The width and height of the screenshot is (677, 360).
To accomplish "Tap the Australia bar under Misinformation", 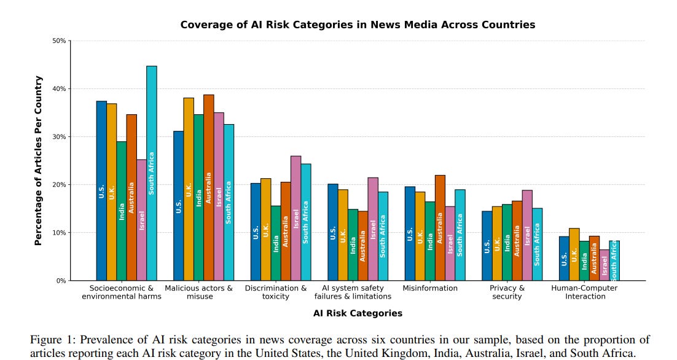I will coord(439,228).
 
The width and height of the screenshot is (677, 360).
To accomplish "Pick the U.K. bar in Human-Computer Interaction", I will coord(574,254).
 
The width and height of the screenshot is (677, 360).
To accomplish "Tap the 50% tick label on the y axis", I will coord(59,41).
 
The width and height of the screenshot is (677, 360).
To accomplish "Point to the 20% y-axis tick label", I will coord(59,185).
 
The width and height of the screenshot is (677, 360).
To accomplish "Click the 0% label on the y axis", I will coord(61,281).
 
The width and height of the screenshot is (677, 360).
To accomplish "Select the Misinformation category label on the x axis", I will coord(430,288).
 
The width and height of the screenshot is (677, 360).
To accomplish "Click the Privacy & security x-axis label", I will coord(507,292).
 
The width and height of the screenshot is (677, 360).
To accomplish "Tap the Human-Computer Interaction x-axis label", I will coord(584,292).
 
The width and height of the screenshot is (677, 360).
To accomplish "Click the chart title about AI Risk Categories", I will coord(358,25).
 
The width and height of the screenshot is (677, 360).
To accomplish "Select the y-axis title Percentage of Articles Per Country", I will coord(38,160).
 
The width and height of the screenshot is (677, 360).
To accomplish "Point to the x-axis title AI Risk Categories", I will coord(358,313).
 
